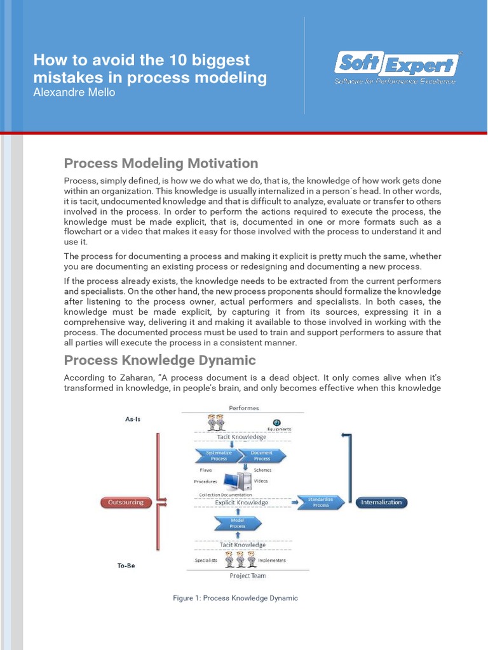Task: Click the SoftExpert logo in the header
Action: tap(395, 66)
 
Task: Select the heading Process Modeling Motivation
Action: tap(161, 163)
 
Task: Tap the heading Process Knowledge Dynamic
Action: tap(159, 360)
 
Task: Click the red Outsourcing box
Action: tap(127, 502)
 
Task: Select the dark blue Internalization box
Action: tap(381, 502)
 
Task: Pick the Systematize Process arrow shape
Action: tap(219, 456)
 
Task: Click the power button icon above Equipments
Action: tap(276, 422)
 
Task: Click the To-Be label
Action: tap(126, 566)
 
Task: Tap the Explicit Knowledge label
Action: tap(241, 503)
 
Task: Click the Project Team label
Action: tap(248, 576)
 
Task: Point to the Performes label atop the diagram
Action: tap(243, 408)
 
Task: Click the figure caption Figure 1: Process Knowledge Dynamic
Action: tap(235, 598)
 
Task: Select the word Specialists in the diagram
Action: tap(205, 560)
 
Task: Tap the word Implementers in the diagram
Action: tap(272, 560)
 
